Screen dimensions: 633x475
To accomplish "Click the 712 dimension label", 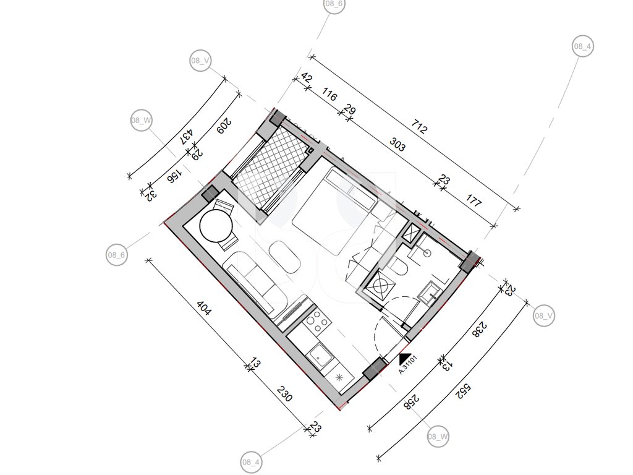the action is coord(419,127).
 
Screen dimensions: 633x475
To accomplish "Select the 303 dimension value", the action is coord(397,144).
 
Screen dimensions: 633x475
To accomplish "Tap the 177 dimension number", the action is coord(474,200).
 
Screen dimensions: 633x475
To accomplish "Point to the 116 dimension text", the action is coord(329,96).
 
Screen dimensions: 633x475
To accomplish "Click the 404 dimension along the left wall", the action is coord(204,308).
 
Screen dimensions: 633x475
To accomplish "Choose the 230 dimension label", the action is coord(284,393).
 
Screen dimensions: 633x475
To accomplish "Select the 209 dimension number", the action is coord(224,126).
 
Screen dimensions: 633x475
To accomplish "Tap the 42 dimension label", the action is coord(307,77).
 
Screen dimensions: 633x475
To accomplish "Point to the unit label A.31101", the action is coord(407,365).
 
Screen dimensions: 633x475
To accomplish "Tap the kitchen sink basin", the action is coord(321,356).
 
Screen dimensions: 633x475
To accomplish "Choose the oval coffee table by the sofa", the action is coord(284,258).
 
